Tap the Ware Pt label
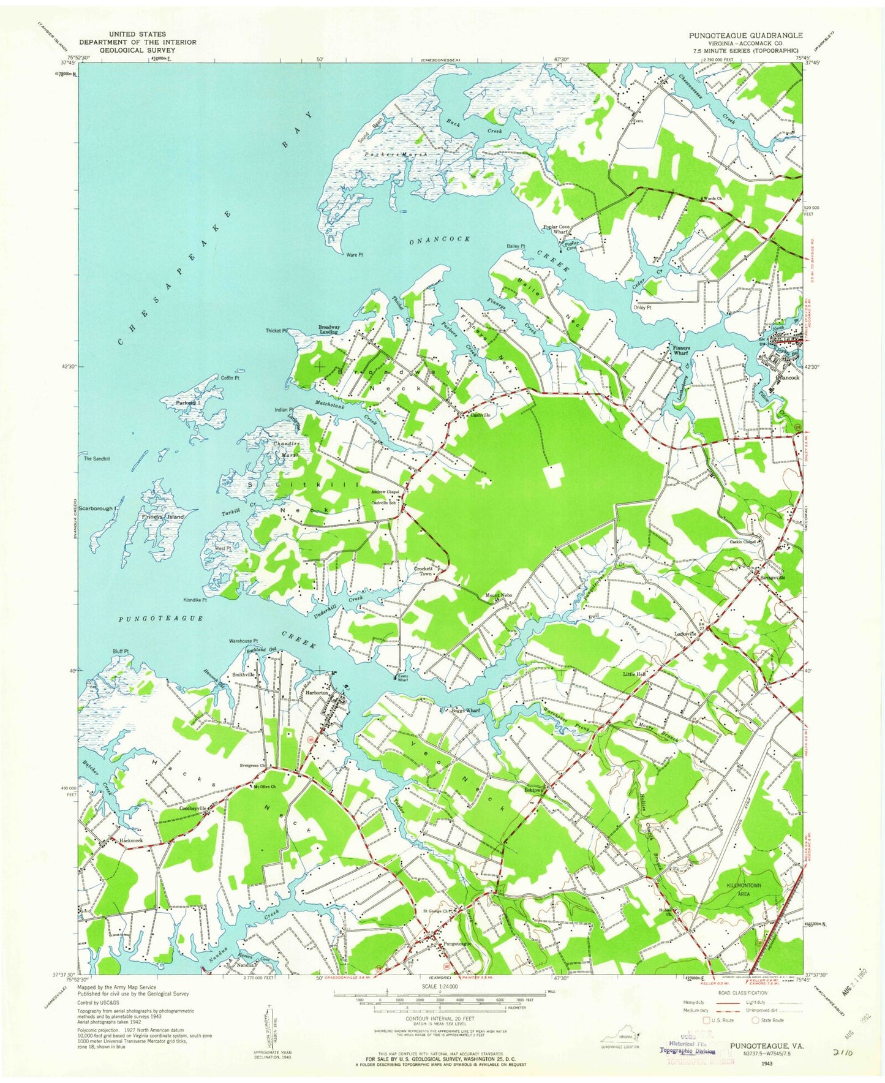pos(355,254)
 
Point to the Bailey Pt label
pos(516,246)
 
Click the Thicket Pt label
pos(277,331)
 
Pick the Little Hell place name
pos(635,674)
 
